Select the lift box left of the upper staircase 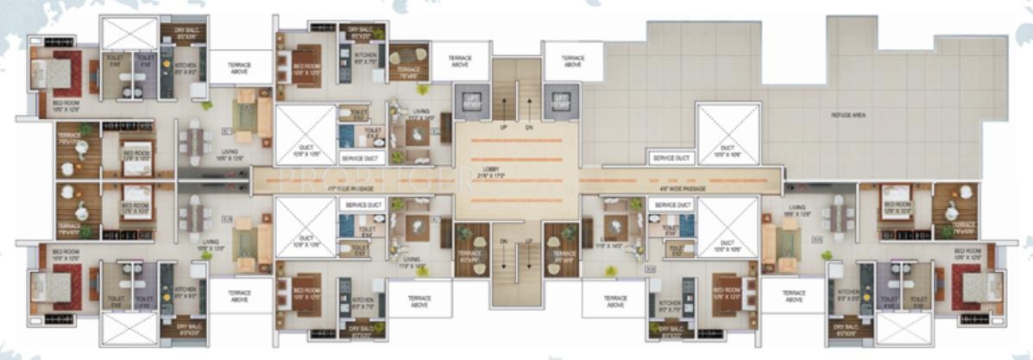[x=471, y=100]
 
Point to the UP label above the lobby [x=504, y=127]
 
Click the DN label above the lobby [x=530, y=127]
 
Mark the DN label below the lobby [x=503, y=242]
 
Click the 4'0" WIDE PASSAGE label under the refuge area [x=667, y=185]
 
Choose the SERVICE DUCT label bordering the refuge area [x=671, y=159]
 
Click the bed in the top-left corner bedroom [x=57, y=73]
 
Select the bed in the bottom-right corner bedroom [x=974, y=287]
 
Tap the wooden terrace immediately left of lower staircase [x=471, y=252]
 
